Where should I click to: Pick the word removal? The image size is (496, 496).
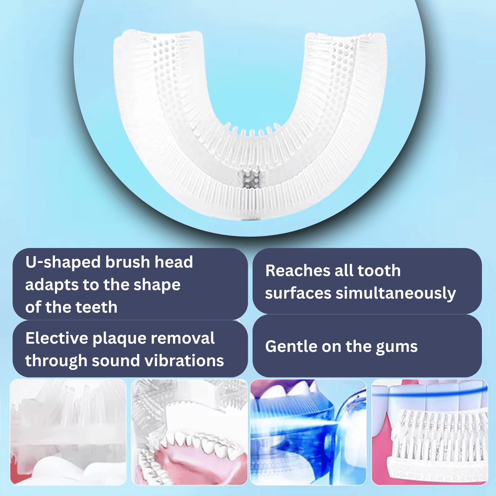coord(183,338)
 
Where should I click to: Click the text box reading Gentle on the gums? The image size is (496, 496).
coord(367,346)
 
